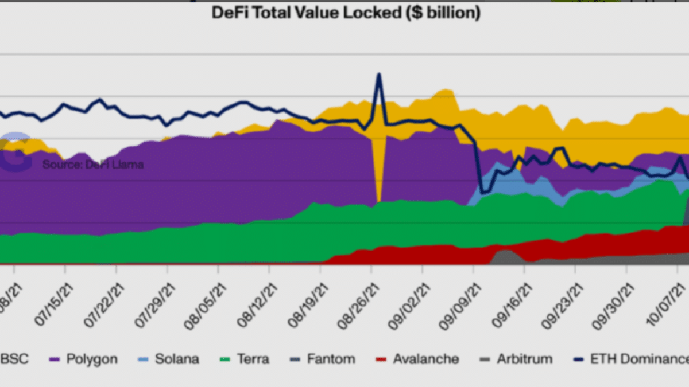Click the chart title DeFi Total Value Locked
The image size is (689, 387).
pos(346,13)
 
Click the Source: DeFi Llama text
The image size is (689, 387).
pos(93,165)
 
